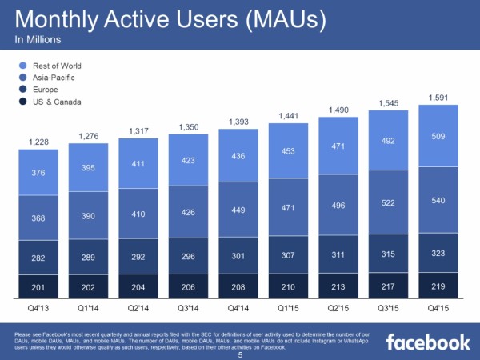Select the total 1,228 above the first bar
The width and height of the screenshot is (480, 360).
tap(38, 142)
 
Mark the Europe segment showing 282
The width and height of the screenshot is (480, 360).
tap(38, 258)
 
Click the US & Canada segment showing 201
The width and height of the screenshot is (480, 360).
tap(38, 286)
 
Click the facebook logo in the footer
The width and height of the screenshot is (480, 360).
tap(428, 342)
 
